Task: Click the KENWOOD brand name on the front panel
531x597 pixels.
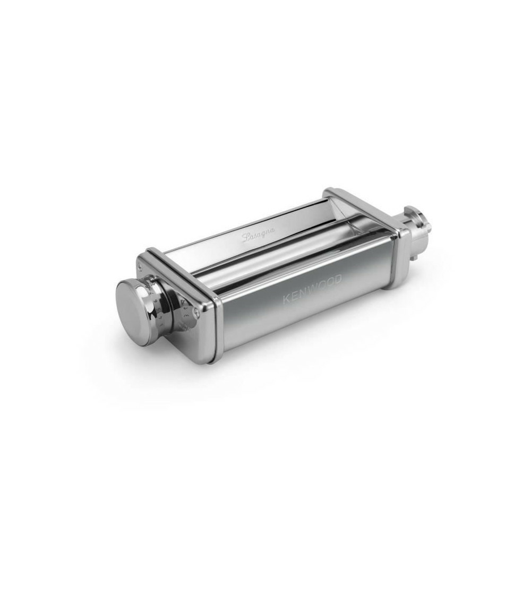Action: click(x=312, y=290)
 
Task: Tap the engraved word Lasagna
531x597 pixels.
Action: click(x=259, y=234)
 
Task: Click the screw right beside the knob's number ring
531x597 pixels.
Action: click(x=198, y=313)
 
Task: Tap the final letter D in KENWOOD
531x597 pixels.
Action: click(x=338, y=280)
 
